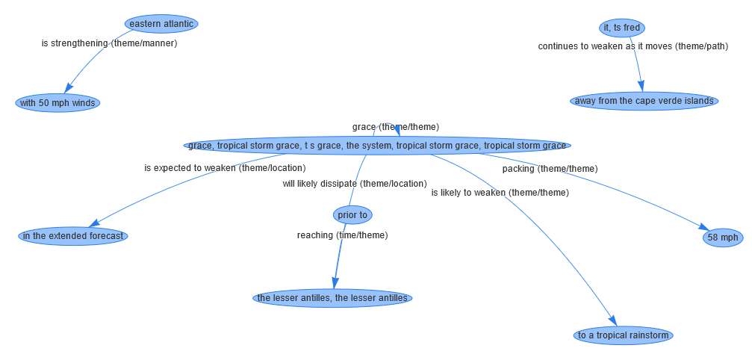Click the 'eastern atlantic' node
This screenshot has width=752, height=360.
pyautogui.click(x=161, y=24)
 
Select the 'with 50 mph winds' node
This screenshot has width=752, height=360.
pyautogui.click(x=58, y=103)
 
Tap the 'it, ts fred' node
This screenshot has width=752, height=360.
pyautogui.click(x=621, y=28)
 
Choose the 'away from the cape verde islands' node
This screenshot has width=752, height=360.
pyautogui.click(x=644, y=101)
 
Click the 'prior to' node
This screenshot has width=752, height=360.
pyautogui.click(x=352, y=215)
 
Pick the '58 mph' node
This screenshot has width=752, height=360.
pyautogui.click(x=723, y=238)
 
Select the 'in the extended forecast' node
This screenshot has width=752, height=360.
pyautogui.click(x=73, y=236)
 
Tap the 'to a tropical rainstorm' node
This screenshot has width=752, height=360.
pyautogui.click(x=624, y=335)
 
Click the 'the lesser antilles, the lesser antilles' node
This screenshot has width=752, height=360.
pyautogui.click(x=332, y=298)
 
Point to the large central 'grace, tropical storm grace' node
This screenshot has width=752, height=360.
pyautogui.click(x=377, y=145)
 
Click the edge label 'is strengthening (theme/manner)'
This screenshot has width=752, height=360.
pyautogui.click(x=109, y=43)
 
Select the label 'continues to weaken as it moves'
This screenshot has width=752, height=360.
pyautogui.click(x=633, y=46)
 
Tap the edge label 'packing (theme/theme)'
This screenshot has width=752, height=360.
pyautogui.click(x=550, y=169)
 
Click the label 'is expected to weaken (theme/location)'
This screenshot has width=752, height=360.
pyautogui.click(x=225, y=168)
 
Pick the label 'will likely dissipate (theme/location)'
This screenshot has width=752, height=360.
pyautogui.click(x=354, y=184)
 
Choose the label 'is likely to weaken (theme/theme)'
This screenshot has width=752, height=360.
pyautogui.click(x=500, y=193)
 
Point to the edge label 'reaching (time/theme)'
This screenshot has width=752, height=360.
pyautogui.click(x=342, y=235)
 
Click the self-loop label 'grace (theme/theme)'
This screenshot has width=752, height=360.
pyautogui.click(x=395, y=127)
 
